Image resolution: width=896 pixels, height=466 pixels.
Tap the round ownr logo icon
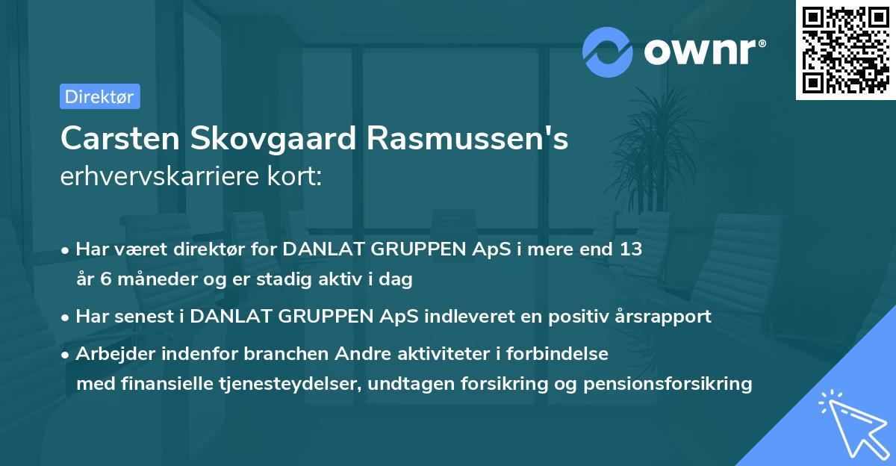(x=609, y=52)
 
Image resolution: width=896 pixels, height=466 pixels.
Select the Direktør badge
(x=99, y=96)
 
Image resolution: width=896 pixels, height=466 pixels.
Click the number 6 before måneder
(x=105, y=280)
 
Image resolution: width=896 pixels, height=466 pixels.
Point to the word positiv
(x=578, y=317)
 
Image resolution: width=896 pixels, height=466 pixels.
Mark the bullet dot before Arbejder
(x=66, y=354)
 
